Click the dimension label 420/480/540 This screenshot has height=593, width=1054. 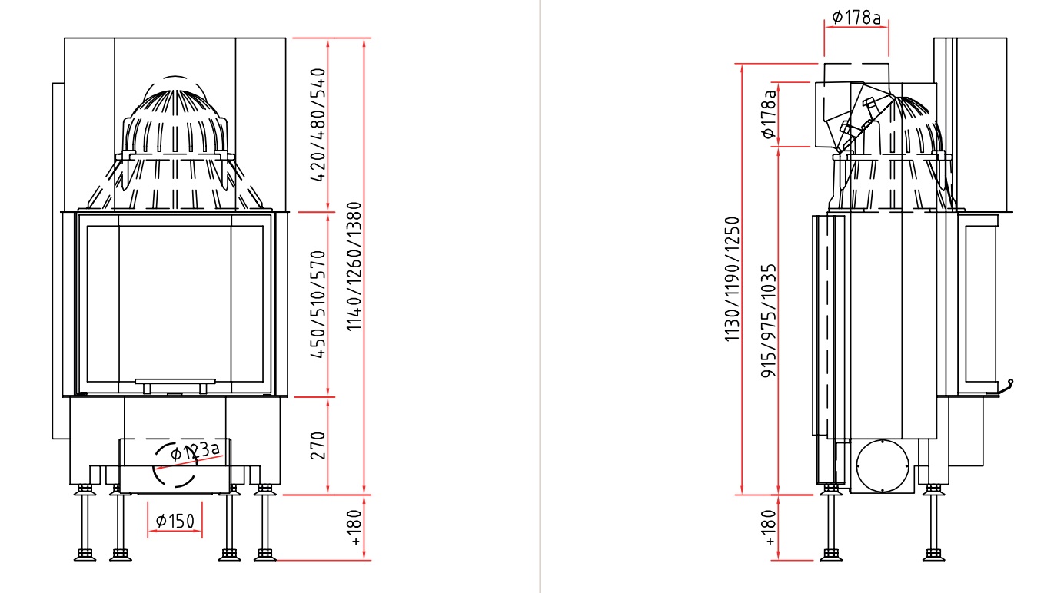pos(318,124)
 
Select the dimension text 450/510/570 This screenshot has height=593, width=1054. pos(318,304)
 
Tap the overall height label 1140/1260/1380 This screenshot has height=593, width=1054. pos(354,267)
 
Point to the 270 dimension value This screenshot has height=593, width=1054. pos(318,446)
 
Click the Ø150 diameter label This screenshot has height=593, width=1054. pos(175,521)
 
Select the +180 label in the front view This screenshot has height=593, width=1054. pos(356,527)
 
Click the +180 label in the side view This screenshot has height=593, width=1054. pos(769,527)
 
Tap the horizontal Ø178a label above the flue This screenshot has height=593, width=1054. pos(856,18)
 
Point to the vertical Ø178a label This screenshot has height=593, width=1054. pos(768,114)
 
